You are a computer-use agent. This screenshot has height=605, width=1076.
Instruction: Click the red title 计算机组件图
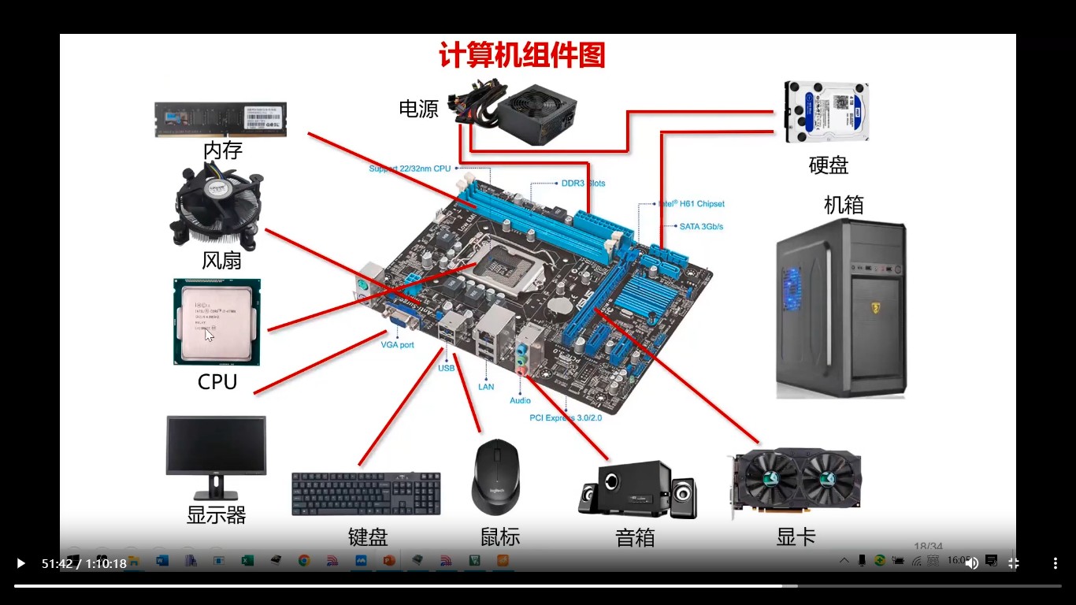pyautogui.click(x=522, y=56)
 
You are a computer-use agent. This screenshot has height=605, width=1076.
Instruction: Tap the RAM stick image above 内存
pyautogui.click(x=221, y=118)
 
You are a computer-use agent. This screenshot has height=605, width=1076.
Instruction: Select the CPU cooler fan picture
pyautogui.click(x=217, y=206)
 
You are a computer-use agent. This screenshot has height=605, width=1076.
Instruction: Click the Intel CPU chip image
pyautogui.click(x=217, y=321)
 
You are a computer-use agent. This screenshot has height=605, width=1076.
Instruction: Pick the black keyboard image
pyautogui.click(x=365, y=494)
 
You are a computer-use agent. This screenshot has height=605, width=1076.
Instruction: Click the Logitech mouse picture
pyautogui.click(x=495, y=477)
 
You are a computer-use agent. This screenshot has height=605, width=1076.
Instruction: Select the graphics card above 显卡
pyautogui.click(x=796, y=481)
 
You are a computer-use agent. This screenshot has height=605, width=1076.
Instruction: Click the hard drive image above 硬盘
pyautogui.click(x=826, y=112)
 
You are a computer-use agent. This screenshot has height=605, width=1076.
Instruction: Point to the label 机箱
pyautogui.click(x=844, y=205)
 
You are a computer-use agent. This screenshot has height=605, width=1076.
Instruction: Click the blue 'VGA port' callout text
pyautogui.click(x=397, y=345)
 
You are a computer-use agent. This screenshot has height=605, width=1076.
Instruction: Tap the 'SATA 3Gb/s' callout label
pyautogui.click(x=701, y=227)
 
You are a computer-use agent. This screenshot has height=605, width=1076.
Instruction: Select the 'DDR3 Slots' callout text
pyautogui.click(x=583, y=184)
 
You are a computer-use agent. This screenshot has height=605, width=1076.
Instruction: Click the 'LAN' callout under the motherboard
pyautogui.click(x=486, y=387)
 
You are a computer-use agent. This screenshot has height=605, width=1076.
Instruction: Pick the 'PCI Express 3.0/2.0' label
pyautogui.click(x=566, y=418)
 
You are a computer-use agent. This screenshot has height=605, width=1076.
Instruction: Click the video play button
pyautogui.click(x=20, y=563)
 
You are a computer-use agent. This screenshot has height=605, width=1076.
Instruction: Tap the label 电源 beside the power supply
pyautogui.click(x=418, y=109)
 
